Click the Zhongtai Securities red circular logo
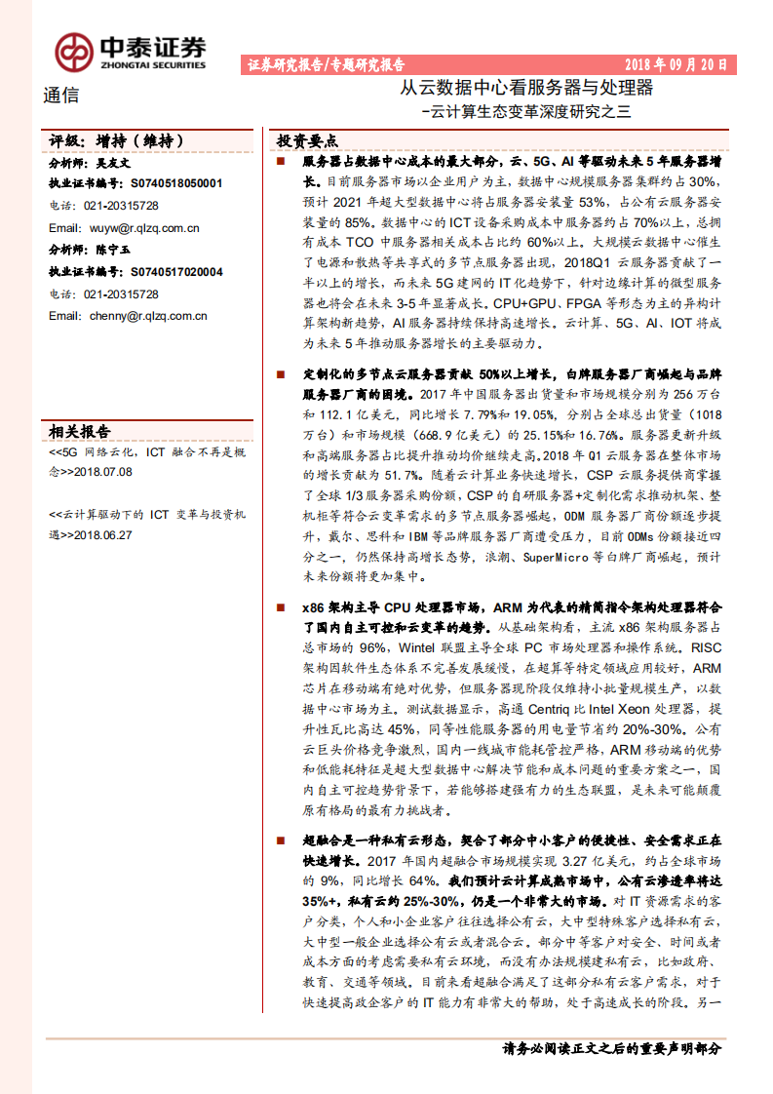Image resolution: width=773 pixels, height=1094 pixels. pos(72,52)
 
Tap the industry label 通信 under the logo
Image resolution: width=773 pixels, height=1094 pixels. pos(61,96)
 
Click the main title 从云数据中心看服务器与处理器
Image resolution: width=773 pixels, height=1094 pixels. pos(527,89)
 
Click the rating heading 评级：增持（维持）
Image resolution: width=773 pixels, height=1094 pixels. pos(116,141)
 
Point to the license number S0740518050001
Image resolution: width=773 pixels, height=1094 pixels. pos(176,182)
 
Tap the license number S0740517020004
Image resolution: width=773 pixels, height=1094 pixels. pos(176,272)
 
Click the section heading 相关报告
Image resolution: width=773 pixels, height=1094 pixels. pos(80,432)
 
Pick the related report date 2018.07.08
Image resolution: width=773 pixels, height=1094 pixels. pos(103,471)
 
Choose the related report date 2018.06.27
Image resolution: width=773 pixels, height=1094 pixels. pos(103,534)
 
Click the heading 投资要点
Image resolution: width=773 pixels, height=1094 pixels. pos(308,140)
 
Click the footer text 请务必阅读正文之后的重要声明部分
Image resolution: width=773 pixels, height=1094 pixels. pos(612,1049)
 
